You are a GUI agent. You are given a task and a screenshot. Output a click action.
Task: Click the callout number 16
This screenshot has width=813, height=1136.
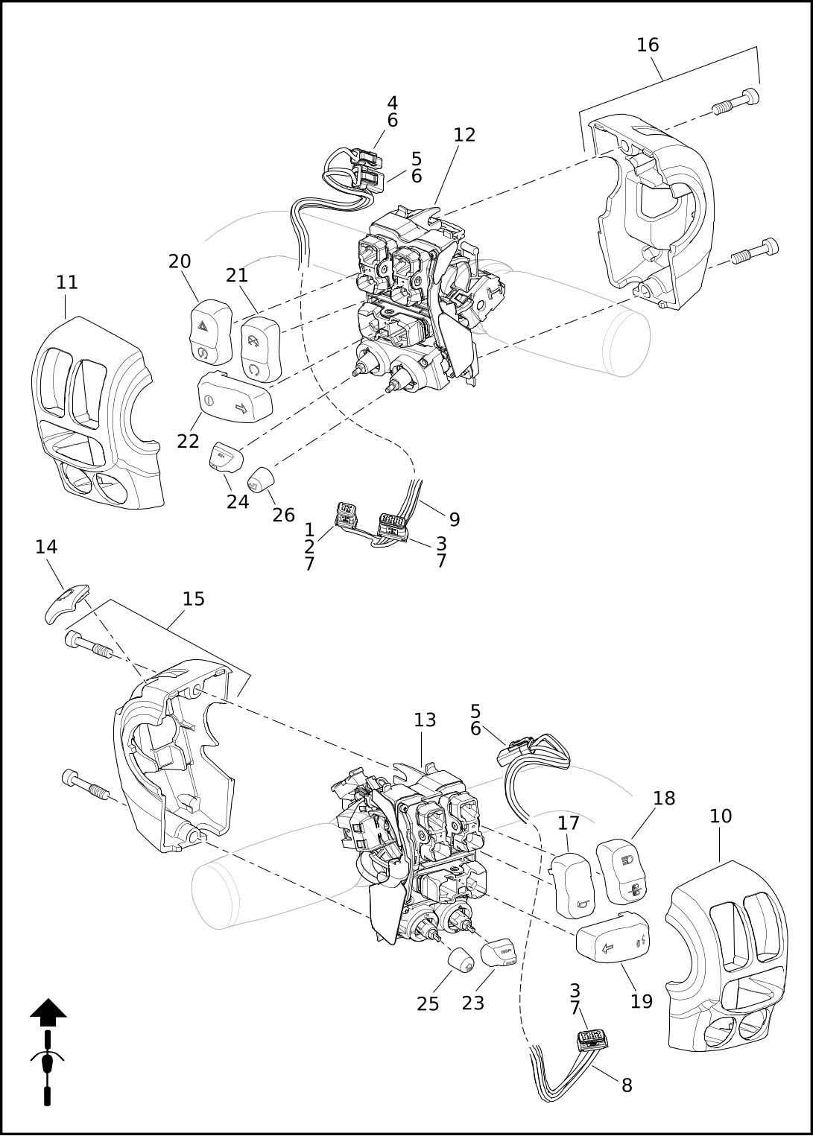coord(648,45)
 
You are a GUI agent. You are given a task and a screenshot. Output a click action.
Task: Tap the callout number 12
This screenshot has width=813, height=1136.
coord(464,135)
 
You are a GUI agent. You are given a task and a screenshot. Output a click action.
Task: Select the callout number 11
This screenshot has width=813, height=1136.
coord(67,282)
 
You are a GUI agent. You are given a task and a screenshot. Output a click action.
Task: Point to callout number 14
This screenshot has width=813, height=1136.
coord(46,547)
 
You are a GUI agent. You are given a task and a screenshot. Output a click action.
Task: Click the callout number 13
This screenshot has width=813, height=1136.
coord(425,720)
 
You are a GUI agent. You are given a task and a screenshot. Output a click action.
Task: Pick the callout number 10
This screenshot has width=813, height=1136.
coord(721,816)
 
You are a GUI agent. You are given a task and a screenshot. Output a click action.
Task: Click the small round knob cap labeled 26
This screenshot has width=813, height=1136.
coord(260,479)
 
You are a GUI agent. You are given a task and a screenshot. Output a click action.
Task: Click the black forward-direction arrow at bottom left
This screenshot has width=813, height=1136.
coord(48,1009)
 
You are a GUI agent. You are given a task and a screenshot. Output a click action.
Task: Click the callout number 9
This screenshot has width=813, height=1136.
coord(455,518)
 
